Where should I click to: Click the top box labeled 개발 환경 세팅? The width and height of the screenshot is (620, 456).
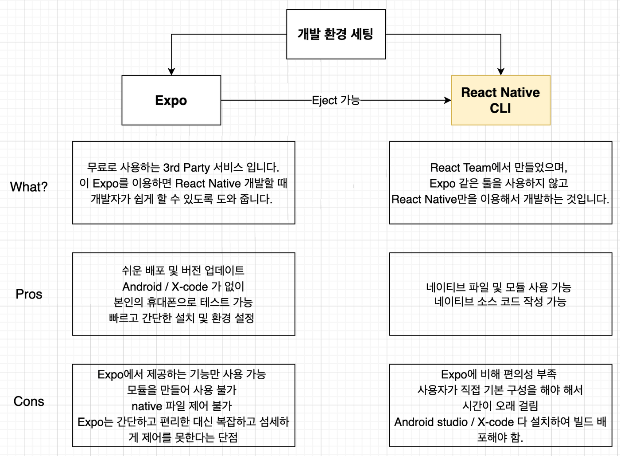[x=336, y=34]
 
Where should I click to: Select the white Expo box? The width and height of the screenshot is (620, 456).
[x=171, y=100]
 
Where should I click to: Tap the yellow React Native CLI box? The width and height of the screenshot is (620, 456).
[x=500, y=100]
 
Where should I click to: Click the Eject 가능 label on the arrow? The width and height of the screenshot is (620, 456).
[x=336, y=100]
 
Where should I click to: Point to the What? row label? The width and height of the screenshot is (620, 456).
[x=29, y=187]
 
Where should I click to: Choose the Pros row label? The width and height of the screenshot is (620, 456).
[x=29, y=294]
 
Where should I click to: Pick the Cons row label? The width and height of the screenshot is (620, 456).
[x=29, y=401]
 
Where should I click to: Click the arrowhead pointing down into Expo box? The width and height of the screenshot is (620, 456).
[x=171, y=71]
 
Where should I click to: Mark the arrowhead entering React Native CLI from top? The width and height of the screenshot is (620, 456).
[x=500, y=71]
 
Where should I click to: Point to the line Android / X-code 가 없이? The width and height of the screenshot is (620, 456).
[x=183, y=287]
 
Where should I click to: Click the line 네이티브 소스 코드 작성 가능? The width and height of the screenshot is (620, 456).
[x=500, y=301]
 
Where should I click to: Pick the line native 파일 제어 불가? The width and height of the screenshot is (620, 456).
[x=182, y=406]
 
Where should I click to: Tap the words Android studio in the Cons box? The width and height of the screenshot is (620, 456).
[x=431, y=422]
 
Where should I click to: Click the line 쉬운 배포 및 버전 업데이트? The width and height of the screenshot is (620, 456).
[x=183, y=270]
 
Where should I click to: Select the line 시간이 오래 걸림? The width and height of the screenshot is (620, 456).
[x=500, y=406]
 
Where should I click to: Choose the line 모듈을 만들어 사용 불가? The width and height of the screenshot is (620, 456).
[x=182, y=390]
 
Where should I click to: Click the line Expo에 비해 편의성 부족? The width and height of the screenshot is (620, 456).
[x=499, y=374]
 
